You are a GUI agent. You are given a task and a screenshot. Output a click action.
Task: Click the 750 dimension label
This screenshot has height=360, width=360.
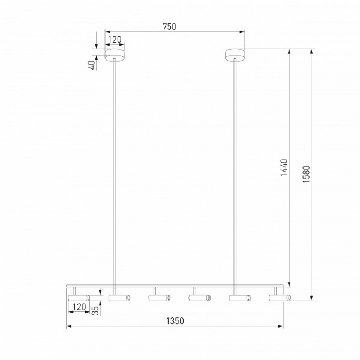point(169,27)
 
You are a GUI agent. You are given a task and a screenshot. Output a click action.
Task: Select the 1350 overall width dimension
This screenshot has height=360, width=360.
point(175,321)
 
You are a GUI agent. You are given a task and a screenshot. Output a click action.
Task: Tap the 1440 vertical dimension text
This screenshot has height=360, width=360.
point(284,167)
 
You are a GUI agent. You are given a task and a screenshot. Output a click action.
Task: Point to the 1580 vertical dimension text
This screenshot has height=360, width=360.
point(306,174)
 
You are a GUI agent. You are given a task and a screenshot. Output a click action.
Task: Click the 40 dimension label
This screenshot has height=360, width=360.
point(92,65)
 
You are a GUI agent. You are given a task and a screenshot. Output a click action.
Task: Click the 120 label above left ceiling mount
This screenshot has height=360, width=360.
point(115,40)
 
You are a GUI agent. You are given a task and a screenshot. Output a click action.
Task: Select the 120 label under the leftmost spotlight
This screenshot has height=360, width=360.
point(79,307)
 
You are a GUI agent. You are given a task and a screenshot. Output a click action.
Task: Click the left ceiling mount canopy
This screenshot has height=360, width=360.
point(115,55)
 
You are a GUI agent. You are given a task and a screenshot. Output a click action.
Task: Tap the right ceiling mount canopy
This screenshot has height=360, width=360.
point(235,55)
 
